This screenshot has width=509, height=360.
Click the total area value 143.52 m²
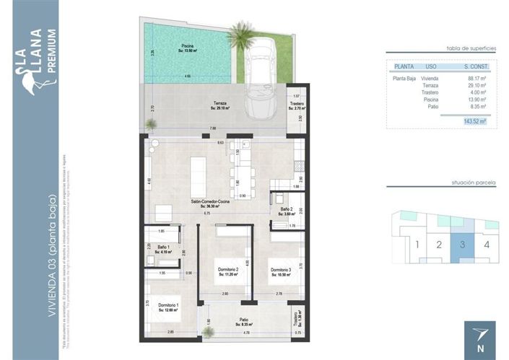[x=474, y=122]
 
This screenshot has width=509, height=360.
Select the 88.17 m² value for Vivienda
[x=477, y=79]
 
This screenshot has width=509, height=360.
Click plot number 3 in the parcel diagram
[x=463, y=243]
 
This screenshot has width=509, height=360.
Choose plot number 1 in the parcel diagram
[x=417, y=244]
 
